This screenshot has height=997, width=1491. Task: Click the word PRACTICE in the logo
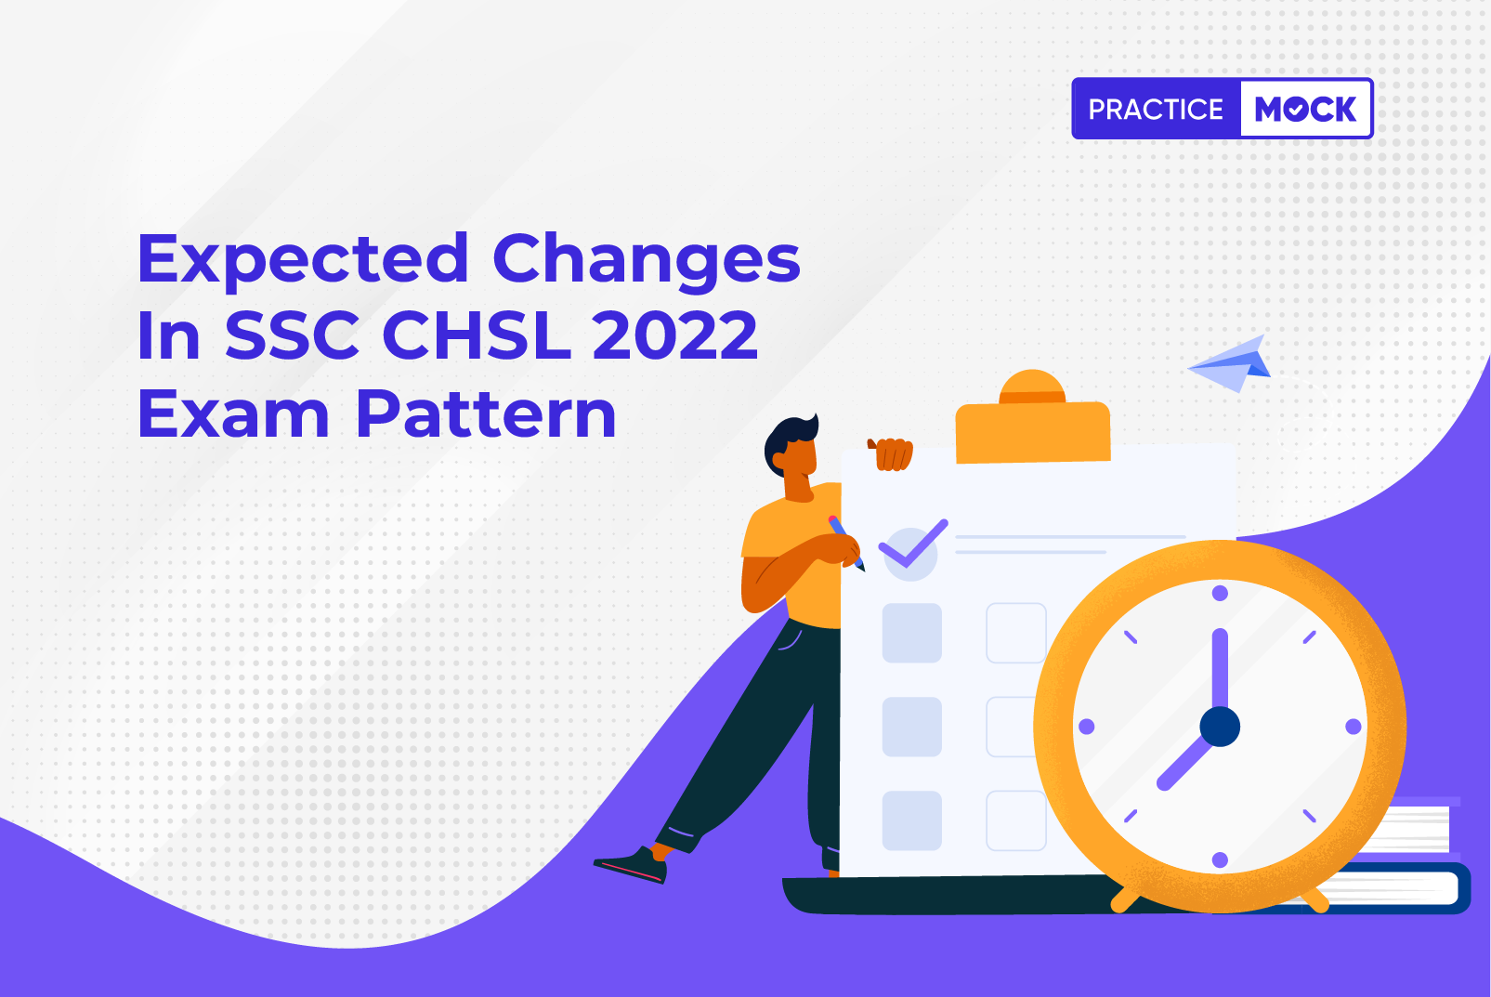point(1156,109)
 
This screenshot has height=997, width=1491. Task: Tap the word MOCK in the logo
point(1305,109)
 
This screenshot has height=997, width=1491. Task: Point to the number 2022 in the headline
point(674,335)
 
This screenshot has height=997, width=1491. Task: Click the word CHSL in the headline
point(477,335)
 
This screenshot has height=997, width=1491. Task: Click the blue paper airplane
point(1230,364)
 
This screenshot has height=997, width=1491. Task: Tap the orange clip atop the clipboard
point(1032,419)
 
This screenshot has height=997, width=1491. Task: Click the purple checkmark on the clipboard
point(913,543)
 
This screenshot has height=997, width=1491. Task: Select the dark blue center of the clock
point(1220,726)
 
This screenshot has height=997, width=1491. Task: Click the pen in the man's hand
point(846,543)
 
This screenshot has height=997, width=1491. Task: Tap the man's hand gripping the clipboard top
point(891,454)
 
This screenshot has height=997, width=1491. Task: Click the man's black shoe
point(631,864)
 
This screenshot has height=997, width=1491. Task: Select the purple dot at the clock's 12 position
point(1220,593)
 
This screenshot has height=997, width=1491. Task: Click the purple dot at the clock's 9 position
point(1086,726)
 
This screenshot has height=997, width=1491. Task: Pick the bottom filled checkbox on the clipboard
point(912,820)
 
